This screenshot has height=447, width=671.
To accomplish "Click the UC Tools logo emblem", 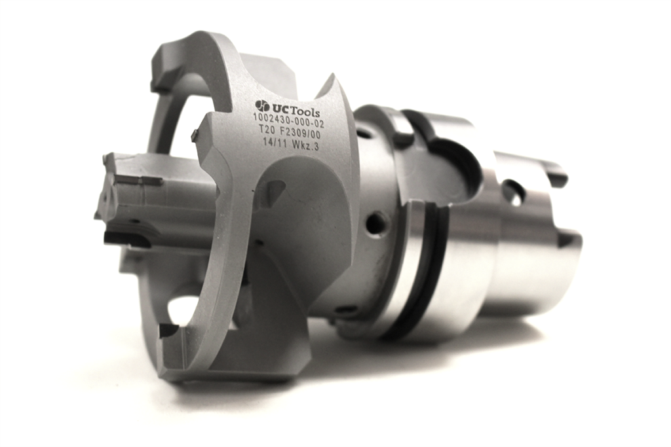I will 262,106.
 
